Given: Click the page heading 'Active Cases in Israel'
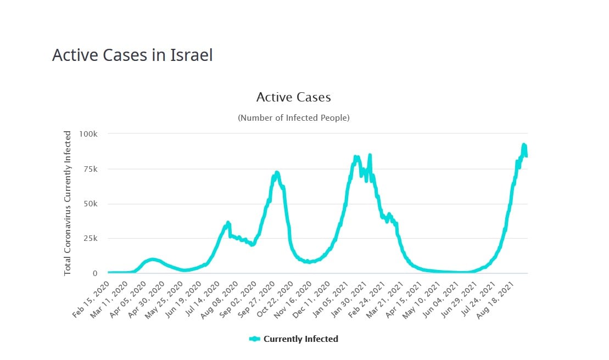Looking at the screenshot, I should pyautogui.click(x=132, y=55).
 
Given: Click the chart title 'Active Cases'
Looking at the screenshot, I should pyautogui.click(x=293, y=97).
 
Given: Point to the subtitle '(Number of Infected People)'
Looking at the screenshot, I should pyautogui.click(x=293, y=117).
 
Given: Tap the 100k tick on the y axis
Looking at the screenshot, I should pyautogui.click(x=88, y=134).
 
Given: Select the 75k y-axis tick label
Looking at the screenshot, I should pyautogui.click(x=90, y=169).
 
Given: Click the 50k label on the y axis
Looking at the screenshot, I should pyautogui.click(x=90, y=204).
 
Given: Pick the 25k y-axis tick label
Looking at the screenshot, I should pyautogui.click(x=90, y=238).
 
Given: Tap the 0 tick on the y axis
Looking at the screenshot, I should pyautogui.click(x=95, y=273).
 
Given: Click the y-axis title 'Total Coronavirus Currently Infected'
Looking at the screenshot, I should pyautogui.click(x=68, y=203).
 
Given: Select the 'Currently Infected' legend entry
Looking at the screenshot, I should pyautogui.click(x=294, y=339).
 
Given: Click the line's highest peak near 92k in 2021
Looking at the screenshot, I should pyautogui.click(x=523, y=145).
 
